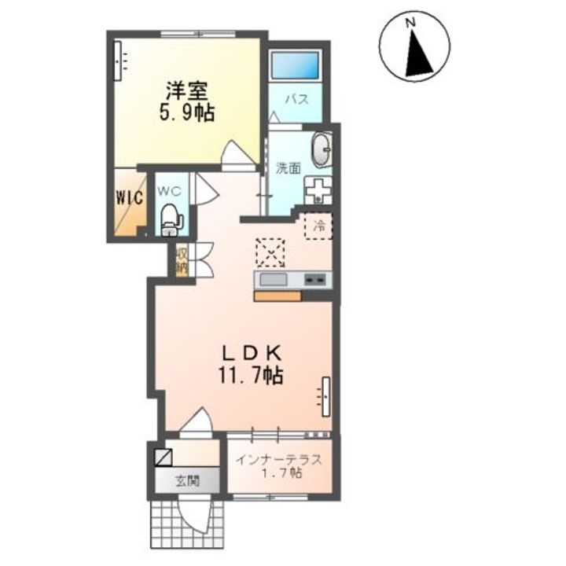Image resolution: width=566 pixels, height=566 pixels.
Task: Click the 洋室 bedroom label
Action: [186, 91]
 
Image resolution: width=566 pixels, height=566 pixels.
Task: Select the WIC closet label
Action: [129, 197]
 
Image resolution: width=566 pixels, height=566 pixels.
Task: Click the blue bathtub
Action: [296, 65]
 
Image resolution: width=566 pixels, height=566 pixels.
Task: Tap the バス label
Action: [298, 99]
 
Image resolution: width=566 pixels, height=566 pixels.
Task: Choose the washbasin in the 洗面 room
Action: [322, 150]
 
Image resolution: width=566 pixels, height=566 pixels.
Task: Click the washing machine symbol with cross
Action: [318, 190]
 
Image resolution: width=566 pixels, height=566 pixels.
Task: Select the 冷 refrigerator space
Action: [318, 226]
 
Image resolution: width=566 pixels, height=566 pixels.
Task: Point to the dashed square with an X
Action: [270, 252]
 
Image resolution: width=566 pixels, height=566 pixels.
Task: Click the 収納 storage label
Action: [182, 261]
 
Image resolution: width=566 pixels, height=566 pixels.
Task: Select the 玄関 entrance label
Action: [187, 481]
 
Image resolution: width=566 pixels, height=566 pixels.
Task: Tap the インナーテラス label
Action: [278, 460]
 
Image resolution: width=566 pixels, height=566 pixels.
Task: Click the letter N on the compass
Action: [410, 24]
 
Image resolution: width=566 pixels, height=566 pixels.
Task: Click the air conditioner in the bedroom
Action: [118, 61]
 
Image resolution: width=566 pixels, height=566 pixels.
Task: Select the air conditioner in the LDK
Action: [326, 397]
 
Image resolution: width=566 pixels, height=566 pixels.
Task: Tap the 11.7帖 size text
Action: [250, 376]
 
